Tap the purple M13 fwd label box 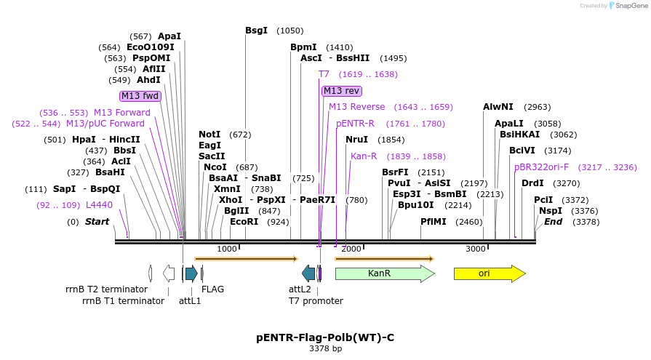(140, 96)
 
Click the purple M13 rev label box (341, 91)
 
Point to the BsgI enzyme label (256, 31)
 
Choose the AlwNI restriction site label (498, 107)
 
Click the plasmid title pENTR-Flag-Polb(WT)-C (325, 337)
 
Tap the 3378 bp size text (325, 349)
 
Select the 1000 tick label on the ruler (227, 249)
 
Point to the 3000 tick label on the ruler (475, 249)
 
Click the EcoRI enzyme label (244, 222)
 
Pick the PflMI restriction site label (434, 222)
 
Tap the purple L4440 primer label (99, 205)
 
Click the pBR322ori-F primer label (541, 167)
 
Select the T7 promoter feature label (316, 300)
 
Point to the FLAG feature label (212, 289)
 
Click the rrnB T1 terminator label (123, 300)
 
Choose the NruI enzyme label (356, 140)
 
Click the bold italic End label (553, 222)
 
